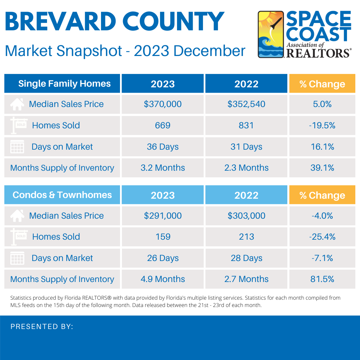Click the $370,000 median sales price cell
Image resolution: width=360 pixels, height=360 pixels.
pyautogui.click(x=163, y=104)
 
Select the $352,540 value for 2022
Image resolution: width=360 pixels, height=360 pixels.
pyautogui.click(x=246, y=104)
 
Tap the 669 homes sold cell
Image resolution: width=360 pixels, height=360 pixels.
pyautogui.click(x=163, y=125)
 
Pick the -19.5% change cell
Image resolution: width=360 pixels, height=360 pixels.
pyautogui.click(x=322, y=125)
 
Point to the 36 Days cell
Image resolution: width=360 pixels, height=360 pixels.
pyautogui.click(x=163, y=147)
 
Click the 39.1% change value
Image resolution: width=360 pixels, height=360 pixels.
pyautogui.click(x=322, y=168)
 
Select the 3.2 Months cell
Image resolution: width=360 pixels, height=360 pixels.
pyautogui.click(x=163, y=168)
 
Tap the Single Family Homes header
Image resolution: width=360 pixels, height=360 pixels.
pyautogui.click(x=64, y=83)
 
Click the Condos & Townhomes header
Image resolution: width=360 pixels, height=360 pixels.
pyautogui.click(x=62, y=195)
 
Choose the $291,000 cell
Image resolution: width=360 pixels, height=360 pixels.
pyautogui.click(x=163, y=216)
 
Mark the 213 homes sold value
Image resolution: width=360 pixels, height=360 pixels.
pyautogui.click(x=246, y=237)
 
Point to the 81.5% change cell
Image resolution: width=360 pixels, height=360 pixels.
pyautogui.click(x=322, y=279)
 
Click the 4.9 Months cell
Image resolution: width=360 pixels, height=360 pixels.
pyautogui.click(x=163, y=279)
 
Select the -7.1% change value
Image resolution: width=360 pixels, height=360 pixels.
pyautogui.click(x=322, y=258)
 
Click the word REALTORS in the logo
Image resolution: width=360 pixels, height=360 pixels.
pyautogui.click(x=318, y=53)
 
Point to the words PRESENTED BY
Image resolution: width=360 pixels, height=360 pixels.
pyautogui.click(x=42, y=327)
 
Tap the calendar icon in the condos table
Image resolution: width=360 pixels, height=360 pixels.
pyautogui.click(x=17, y=258)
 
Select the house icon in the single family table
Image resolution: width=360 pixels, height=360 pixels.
pyautogui.click(x=17, y=104)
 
